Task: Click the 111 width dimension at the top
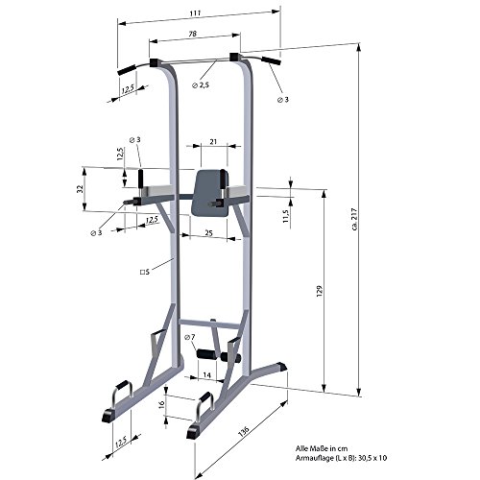[x=195, y=13]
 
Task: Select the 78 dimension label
[x=193, y=34]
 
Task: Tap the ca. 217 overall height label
[x=354, y=219]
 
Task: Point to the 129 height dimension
[x=320, y=291]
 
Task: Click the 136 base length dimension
[x=244, y=431]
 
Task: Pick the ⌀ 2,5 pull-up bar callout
[x=201, y=85]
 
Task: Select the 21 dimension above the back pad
[x=213, y=141]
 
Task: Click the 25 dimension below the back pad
[x=208, y=232]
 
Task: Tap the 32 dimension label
[x=81, y=189]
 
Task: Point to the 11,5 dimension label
[x=286, y=216]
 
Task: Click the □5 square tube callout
[x=145, y=272]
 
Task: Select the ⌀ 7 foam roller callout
[x=190, y=337]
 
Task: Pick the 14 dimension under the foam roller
[x=207, y=375]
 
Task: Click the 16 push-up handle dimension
[x=162, y=403]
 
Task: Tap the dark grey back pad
[x=210, y=193]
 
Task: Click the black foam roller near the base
[x=218, y=355]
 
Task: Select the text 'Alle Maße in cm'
[x=322, y=448]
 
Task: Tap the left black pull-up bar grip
[x=128, y=69]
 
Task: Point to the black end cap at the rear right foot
[x=281, y=367]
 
